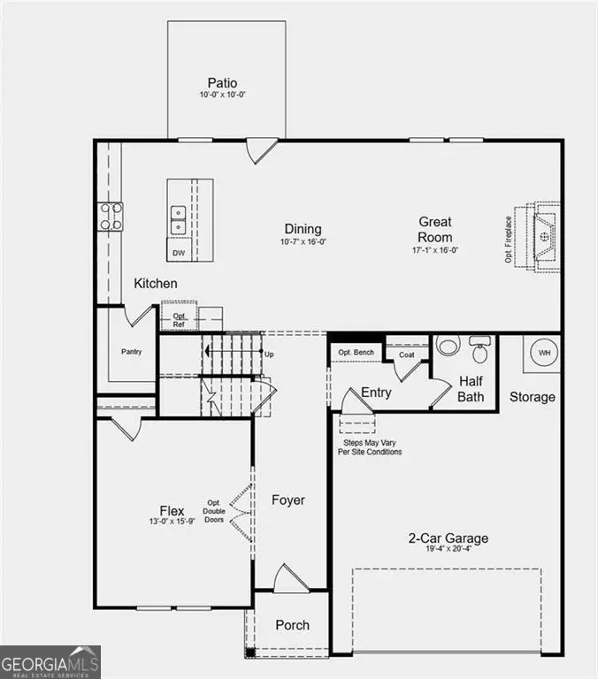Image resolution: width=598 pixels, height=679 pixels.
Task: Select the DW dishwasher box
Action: tap(179, 253)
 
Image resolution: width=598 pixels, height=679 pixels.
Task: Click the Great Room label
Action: tap(435, 229)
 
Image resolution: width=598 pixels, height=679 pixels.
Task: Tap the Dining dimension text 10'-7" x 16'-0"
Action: tap(303, 241)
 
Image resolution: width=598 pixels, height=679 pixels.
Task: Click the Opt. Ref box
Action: tap(179, 320)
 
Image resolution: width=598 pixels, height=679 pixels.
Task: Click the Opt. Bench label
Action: tap(356, 353)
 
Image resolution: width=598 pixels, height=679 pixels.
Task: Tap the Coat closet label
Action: tap(406, 355)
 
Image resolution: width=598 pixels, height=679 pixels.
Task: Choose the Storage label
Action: tap(533, 397)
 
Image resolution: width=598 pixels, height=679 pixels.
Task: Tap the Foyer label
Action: tap(288, 500)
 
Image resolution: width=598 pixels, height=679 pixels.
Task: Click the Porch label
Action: tap(292, 625)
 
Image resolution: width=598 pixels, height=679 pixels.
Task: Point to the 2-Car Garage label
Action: tap(448, 538)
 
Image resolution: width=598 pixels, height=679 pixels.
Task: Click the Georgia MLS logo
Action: tap(50, 662)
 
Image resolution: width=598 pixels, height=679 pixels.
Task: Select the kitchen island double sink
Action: tap(179, 219)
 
